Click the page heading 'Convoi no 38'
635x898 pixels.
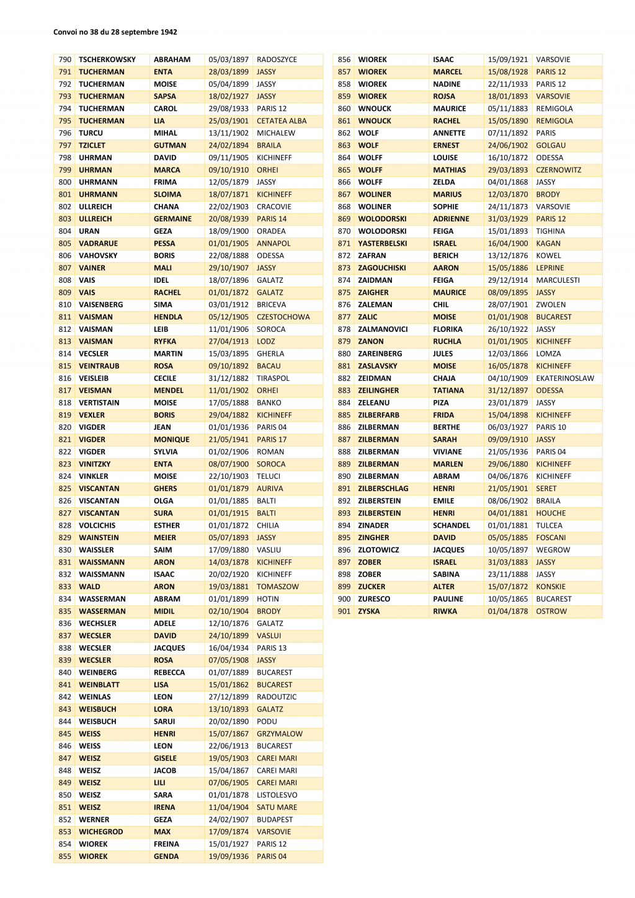(115, 32)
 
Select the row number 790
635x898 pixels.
(65, 60)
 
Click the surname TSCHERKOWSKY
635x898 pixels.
(107, 60)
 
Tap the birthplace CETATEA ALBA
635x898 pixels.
(282, 121)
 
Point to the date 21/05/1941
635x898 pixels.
(228, 440)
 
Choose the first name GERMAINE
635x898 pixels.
(172, 219)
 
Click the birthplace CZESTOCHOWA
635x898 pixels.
(283, 317)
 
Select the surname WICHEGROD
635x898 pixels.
(101, 832)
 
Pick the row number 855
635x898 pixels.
(65, 856)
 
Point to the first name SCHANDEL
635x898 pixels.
(451, 525)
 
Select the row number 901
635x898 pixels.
(344, 611)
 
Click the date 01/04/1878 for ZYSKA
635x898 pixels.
(508, 611)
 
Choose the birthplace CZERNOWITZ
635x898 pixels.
(559, 170)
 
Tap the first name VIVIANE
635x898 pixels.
(447, 452)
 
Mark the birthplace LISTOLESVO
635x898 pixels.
(277, 795)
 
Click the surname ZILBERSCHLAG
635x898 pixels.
(383, 489)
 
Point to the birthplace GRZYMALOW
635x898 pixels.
(280, 734)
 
